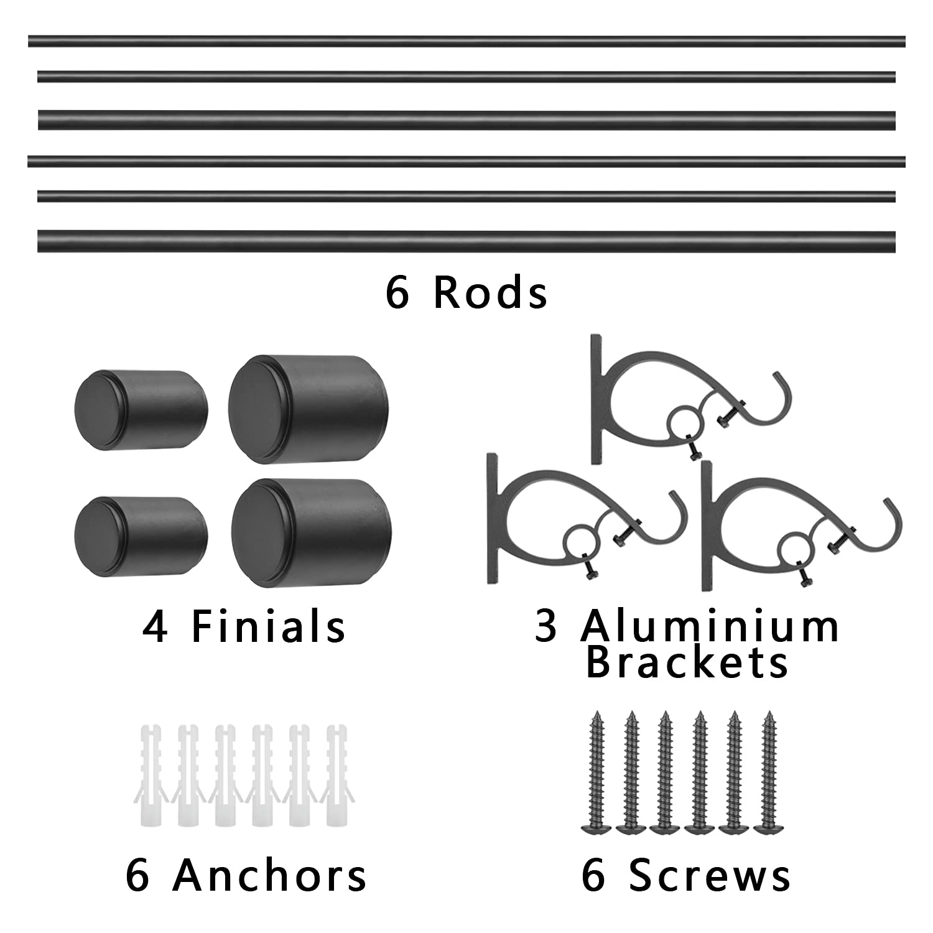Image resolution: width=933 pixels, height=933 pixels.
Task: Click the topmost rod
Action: click(466, 41)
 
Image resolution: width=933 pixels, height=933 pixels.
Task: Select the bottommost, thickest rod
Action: click(466, 241)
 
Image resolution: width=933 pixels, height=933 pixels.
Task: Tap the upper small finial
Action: click(141, 411)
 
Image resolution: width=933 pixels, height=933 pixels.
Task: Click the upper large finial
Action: click(309, 409)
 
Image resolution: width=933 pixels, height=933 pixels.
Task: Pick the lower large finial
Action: click(311, 533)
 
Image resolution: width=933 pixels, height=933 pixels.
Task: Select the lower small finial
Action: click(141, 535)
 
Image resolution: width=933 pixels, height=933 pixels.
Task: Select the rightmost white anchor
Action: click(337, 774)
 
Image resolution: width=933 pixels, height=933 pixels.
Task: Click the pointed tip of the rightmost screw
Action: click(769, 713)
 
